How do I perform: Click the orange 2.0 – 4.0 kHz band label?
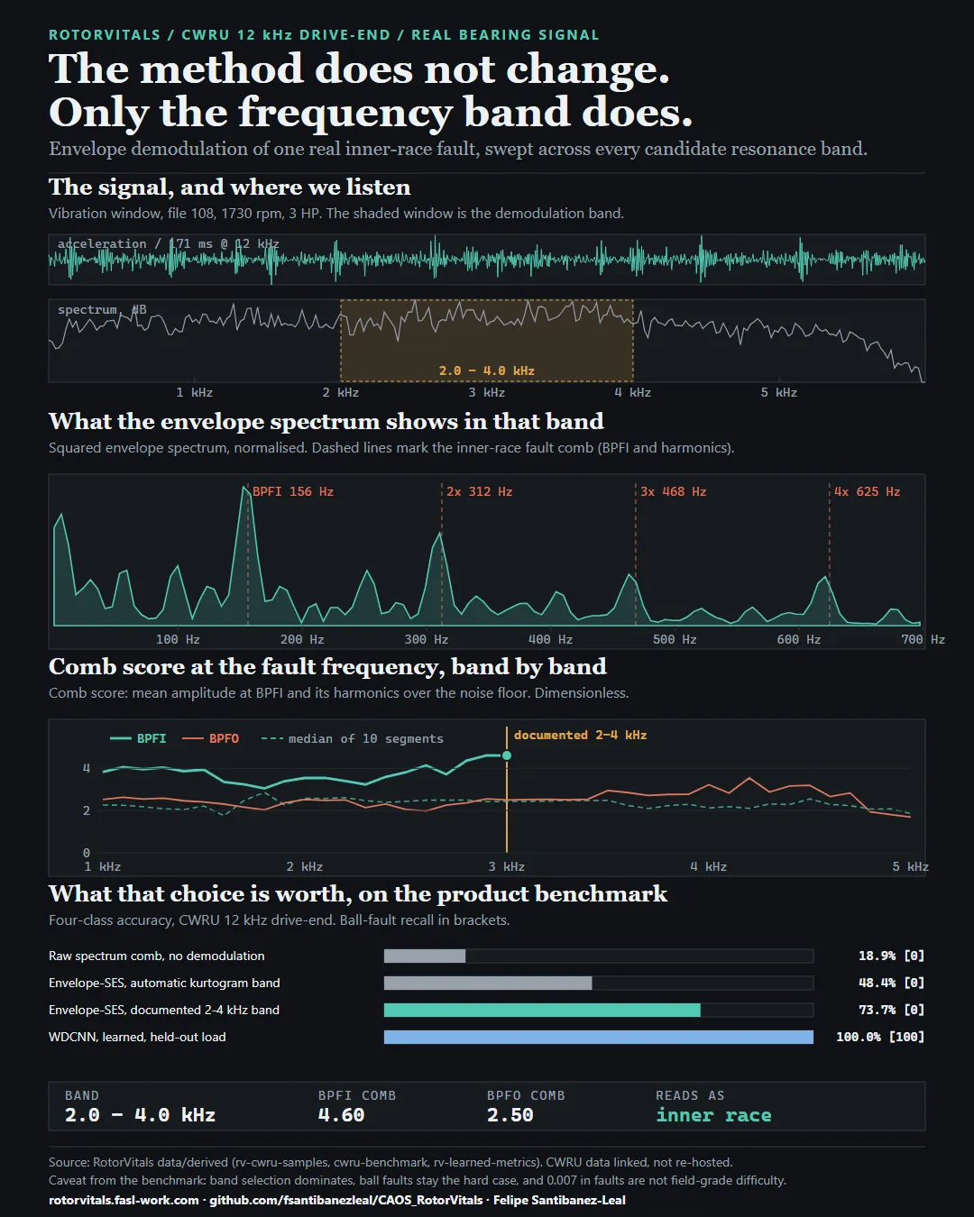487,371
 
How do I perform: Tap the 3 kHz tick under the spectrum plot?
487,392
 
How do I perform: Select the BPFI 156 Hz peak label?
293,491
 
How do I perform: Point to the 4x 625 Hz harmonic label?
867,491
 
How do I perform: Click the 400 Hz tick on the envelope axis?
550,640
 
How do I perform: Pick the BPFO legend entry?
211,738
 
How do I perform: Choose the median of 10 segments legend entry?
353,738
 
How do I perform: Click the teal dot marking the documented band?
507,755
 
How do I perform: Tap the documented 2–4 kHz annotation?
580,736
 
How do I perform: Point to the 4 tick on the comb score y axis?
86,768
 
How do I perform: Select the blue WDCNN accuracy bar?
598,1037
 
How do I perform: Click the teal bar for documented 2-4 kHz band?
542,1010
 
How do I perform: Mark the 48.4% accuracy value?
878,983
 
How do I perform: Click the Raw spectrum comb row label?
157,956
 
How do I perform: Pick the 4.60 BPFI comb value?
341,1114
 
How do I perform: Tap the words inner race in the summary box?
713,1114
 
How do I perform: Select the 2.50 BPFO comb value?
510,1114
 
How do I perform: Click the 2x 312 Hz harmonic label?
480,491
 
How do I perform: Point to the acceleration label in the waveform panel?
102,243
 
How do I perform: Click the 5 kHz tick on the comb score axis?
910,866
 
